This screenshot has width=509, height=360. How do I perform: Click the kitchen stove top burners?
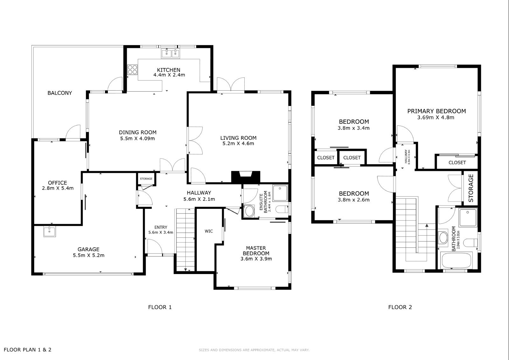(132, 70)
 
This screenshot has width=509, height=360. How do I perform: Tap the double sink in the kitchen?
(171, 53)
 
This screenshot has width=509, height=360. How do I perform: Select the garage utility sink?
(50, 231)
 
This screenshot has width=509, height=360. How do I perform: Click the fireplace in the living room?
(245, 177)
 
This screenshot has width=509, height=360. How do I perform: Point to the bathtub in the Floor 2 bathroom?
(456, 260)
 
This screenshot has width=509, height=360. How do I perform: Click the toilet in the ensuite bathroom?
(282, 209)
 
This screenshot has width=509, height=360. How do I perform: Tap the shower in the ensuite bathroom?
(280, 193)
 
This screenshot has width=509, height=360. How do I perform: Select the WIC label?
(209, 231)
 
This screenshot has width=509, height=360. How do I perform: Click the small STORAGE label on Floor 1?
(146, 179)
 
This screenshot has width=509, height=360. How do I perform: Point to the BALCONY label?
(59, 93)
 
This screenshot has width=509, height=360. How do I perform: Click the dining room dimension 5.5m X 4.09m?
(137, 138)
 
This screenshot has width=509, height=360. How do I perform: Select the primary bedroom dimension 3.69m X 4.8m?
(436, 117)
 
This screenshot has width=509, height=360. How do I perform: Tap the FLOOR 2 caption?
(400, 307)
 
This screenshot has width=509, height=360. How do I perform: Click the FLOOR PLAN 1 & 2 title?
(27, 350)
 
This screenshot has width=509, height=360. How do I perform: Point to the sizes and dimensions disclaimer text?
(254, 350)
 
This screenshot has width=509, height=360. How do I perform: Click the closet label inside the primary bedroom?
(457, 163)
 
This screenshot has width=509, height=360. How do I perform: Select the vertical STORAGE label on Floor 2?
(471, 188)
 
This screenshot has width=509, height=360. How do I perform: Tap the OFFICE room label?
(58, 183)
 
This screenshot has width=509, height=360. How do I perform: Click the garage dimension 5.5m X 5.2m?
(89, 255)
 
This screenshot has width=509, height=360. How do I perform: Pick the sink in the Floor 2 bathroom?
(443, 238)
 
